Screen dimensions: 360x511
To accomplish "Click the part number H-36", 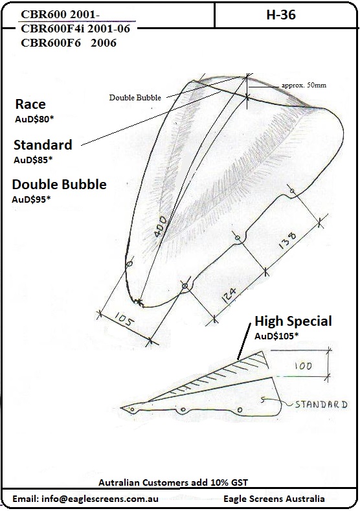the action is tap(281, 15).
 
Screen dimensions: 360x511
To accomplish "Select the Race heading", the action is tap(30, 104).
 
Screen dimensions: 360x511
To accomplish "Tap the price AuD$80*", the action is tap(34, 119).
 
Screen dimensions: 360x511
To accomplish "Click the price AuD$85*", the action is tap(33, 160).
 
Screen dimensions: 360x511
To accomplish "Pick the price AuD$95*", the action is tap(31, 199).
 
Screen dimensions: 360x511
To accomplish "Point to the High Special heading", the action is tap(293, 321).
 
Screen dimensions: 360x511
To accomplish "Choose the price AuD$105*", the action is tap(276, 336).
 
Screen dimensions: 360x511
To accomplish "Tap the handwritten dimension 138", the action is tap(287, 240).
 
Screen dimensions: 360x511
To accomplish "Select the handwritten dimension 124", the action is tap(230, 295).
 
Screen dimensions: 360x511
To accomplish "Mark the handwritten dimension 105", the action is tap(124, 319).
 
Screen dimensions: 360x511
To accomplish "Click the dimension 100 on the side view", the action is tap(303, 366).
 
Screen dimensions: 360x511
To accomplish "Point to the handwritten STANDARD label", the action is tap(321, 404).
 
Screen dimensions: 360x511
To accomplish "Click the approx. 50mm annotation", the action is tap(304, 85).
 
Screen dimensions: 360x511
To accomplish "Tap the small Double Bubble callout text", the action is tap(135, 97).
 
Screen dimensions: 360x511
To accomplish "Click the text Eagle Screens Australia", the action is tap(274, 499).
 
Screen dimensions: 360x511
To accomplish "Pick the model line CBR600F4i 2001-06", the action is tap(75, 28).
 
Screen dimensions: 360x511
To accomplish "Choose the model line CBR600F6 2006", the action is tap(69, 43).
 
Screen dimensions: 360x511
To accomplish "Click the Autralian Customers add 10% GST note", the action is tap(173, 483).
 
